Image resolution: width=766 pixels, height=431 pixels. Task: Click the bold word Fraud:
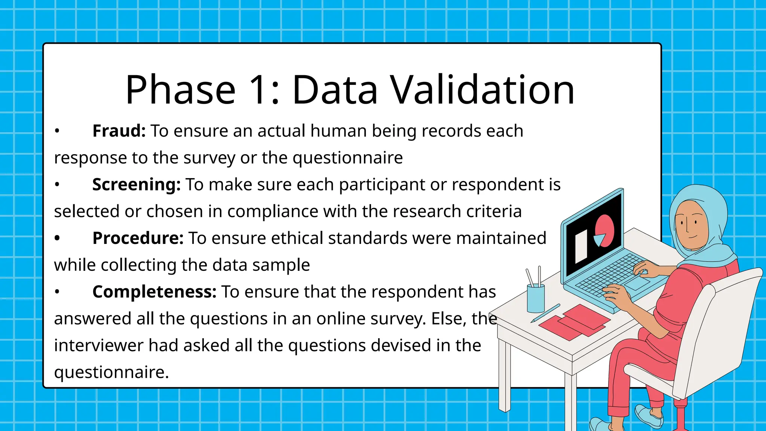(119, 131)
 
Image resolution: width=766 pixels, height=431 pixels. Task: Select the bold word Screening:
(136, 185)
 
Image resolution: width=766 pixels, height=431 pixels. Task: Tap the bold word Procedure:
(138, 238)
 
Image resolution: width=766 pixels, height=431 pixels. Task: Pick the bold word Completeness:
(154, 292)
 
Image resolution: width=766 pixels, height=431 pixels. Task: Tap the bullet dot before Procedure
(57, 238)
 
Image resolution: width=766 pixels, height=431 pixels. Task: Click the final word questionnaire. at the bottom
(111, 373)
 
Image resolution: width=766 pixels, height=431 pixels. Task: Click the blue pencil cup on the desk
(536, 298)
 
